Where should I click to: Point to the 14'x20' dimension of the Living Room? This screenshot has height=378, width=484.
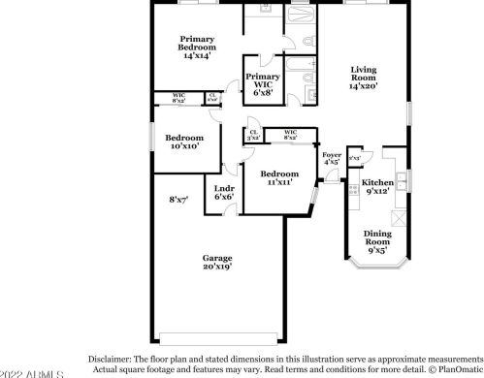click(x=364, y=86)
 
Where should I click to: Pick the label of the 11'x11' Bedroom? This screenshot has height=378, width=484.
click(x=278, y=173)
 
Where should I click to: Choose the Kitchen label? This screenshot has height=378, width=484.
click(x=377, y=182)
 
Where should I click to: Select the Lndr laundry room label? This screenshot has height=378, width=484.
click(x=224, y=190)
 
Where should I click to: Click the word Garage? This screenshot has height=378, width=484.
click(x=216, y=258)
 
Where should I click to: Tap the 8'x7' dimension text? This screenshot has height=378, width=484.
click(x=178, y=199)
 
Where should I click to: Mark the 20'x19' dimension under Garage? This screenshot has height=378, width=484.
click(x=216, y=267)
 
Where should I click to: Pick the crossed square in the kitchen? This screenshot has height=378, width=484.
click(x=354, y=157)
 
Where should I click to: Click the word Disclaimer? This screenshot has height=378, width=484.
click(x=110, y=357)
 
